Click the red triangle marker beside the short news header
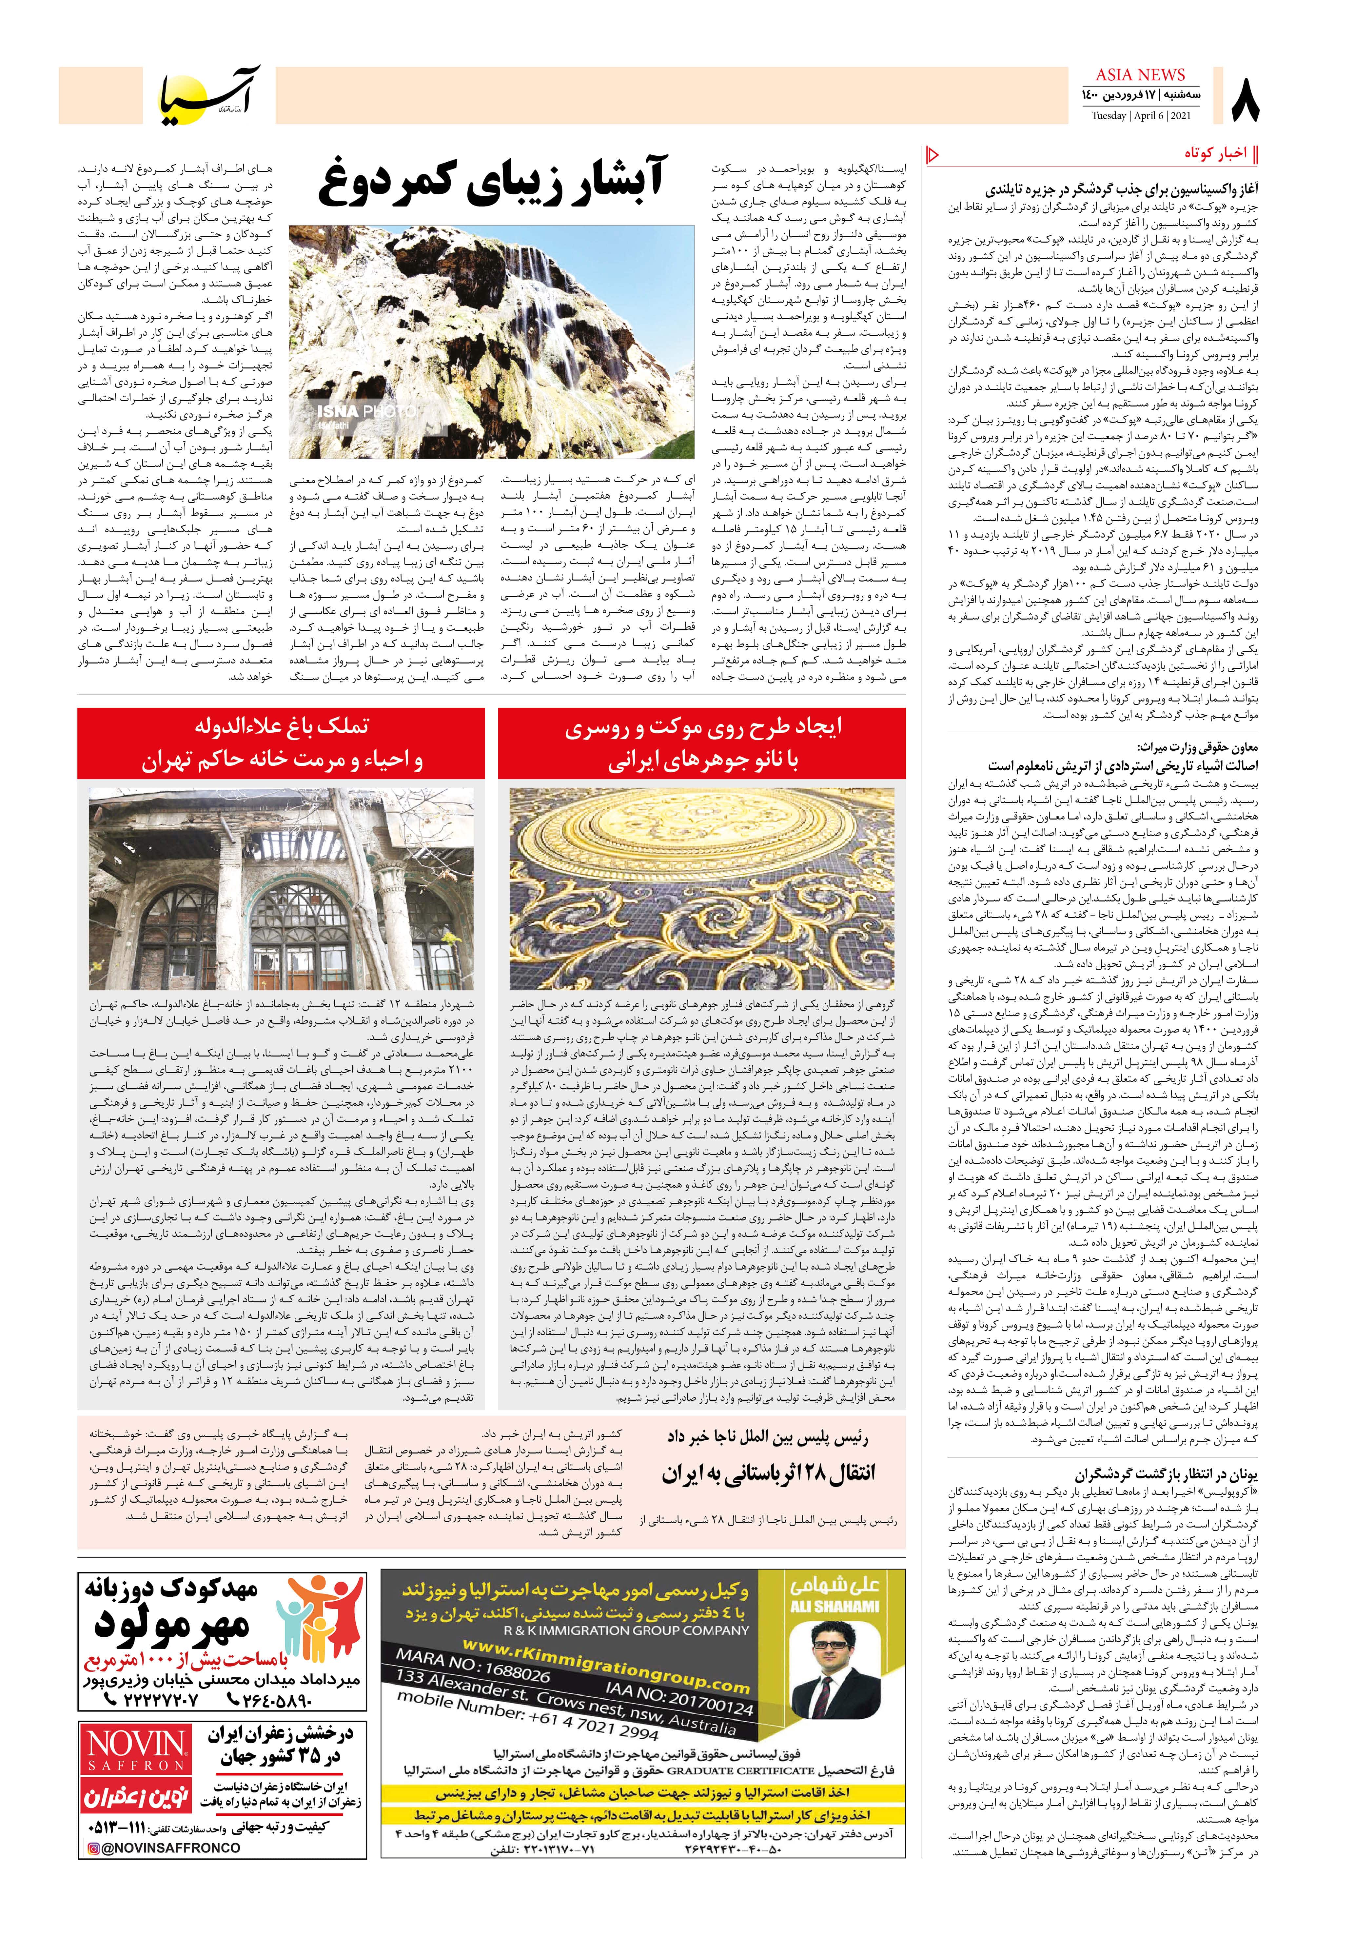click(x=933, y=154)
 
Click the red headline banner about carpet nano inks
click(x=701, y=743)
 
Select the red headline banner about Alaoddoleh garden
click(x=282, y=743)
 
